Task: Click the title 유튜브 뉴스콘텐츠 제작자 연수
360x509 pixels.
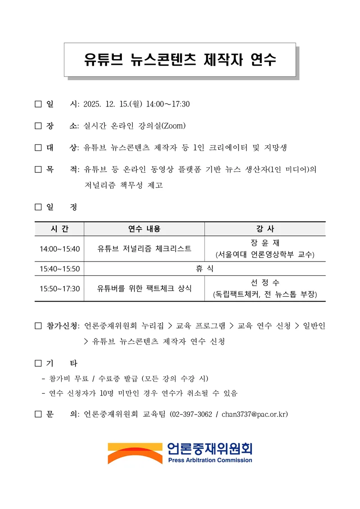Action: click(180, 60)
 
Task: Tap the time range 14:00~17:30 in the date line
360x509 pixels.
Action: click(168, 104)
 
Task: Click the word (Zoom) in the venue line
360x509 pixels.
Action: click(174, 126)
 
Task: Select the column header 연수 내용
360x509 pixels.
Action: click(144, 229)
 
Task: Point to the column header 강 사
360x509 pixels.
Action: click(265, 229)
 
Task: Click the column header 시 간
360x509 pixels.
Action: click(59, 229)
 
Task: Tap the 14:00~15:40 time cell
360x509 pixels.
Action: click(59, 249)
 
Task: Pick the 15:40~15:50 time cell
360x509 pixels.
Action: click(59, 269)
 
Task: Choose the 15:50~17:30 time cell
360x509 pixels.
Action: click(59, 288)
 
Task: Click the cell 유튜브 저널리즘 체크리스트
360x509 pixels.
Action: click(144, 248)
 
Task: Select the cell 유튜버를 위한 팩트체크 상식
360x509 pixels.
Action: click(144, 288)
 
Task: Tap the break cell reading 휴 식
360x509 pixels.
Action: click(204, 269)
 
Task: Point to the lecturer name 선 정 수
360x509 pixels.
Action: click(265, 283)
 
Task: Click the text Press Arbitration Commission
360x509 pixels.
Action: click(210, 460)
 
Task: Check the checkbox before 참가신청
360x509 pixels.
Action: click(38, 326)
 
